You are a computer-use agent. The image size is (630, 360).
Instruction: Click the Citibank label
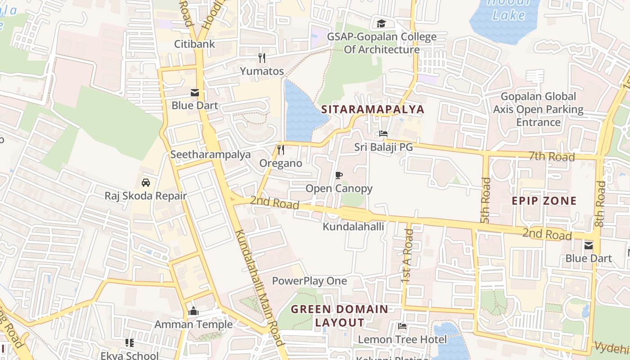click(195, 44)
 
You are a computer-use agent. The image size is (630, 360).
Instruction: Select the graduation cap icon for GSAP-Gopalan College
click(381, 23)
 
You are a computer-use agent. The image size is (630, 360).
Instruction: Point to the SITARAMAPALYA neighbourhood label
click(373, 109)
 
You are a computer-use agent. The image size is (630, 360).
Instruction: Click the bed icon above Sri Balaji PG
click(383, 134)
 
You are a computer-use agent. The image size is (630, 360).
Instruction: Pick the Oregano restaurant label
click(281, 163)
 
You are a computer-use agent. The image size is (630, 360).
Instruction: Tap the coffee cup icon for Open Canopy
click(339, 175)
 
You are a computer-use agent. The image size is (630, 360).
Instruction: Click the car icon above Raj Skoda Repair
click(145, 183)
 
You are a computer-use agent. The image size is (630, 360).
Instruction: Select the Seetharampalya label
click(210, 154)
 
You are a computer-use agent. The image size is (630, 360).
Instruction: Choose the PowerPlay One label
click(309, 281)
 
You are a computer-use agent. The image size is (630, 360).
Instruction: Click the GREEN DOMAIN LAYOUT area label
click(339, 316)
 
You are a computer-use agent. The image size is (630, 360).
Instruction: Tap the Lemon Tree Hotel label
click(402, 339)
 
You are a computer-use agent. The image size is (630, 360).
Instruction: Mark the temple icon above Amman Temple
click(193, 311)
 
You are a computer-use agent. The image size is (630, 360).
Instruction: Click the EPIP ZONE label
click(544, 201)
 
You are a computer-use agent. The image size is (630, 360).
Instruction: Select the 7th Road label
click(552, 157)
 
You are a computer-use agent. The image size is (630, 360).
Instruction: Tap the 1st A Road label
click(407, 256)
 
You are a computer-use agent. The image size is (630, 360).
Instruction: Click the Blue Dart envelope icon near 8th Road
click(588, 246)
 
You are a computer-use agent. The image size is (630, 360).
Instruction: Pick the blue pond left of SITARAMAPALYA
click(302, 112)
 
